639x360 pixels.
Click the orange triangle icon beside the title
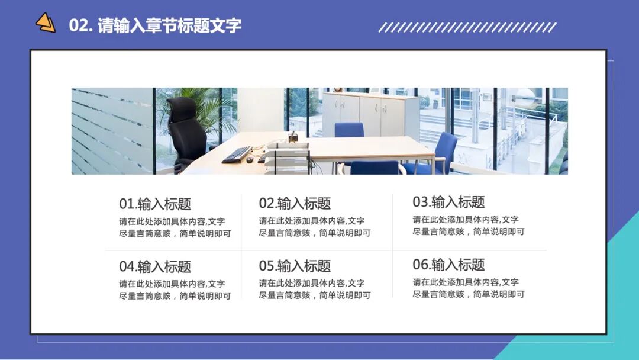point(45,23)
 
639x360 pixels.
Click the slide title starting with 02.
point(155,25)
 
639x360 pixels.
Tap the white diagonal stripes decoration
point(467,27)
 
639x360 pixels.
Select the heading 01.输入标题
point(155,204)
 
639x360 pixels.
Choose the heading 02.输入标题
point(295,204)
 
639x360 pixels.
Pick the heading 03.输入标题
point(448,202)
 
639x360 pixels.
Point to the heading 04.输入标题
point(155,266)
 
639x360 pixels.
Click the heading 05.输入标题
point(295,266)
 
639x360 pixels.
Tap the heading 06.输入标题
point(448,265)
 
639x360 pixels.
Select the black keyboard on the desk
point(237,155)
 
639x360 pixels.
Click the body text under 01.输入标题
point(175,227)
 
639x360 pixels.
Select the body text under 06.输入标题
point(468,288)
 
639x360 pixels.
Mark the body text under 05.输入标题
point(314,290)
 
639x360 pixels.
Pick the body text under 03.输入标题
point(468,226)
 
